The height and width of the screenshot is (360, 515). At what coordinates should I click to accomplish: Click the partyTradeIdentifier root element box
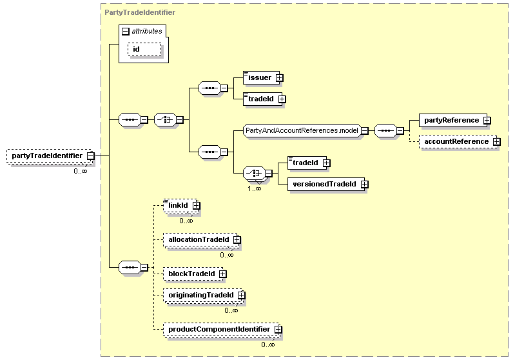50,156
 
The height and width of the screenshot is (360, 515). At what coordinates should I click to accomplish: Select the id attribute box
144,49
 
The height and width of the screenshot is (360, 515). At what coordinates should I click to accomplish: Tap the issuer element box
262,77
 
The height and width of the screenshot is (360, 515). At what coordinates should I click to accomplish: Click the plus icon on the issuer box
279,78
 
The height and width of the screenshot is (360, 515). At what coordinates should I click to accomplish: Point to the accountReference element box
458,142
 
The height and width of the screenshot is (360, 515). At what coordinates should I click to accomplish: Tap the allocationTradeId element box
200,239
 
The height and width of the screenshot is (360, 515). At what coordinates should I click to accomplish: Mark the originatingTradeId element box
203,295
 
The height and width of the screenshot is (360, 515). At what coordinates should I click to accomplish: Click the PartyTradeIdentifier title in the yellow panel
140,12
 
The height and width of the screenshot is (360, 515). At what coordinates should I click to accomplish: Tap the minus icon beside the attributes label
126,32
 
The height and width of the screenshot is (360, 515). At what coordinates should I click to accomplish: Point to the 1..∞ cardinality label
254,189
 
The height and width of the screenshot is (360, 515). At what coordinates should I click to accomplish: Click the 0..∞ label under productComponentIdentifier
268,345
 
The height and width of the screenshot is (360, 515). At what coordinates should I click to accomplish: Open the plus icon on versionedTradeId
364,185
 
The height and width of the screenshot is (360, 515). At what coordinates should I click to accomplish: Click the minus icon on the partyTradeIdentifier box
91,156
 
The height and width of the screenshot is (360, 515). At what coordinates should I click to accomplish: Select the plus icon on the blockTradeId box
222,274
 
